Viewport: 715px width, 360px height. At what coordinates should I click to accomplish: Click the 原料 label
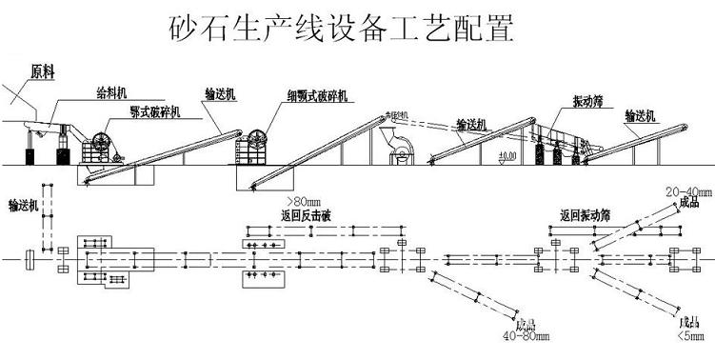click(x=42, y=70)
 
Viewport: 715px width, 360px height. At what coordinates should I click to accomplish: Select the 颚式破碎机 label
click(x=158, y=111)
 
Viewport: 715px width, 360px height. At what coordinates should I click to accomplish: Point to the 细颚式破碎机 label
click(x=318, y=95)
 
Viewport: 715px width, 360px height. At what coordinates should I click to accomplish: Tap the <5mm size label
click(x=692, y=334)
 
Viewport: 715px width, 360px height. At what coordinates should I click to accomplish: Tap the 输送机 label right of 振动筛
click(x=643, y=116)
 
